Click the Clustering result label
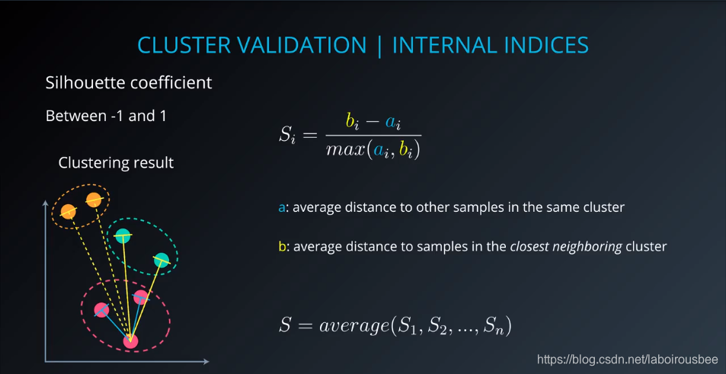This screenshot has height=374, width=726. pos(116,163)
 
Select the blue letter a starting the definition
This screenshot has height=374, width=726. pos(281,208)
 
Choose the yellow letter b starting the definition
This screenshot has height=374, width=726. pos(281,247)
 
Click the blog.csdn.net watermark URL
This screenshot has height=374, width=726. pos(628,360)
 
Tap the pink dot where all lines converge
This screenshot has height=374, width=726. pos(130,341)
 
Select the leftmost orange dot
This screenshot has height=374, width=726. pos(68,212)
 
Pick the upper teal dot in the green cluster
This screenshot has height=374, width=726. pos(123,236)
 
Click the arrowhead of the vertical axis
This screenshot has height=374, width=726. pos(46,203)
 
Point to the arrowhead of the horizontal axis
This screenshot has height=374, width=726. pos(206,362)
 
